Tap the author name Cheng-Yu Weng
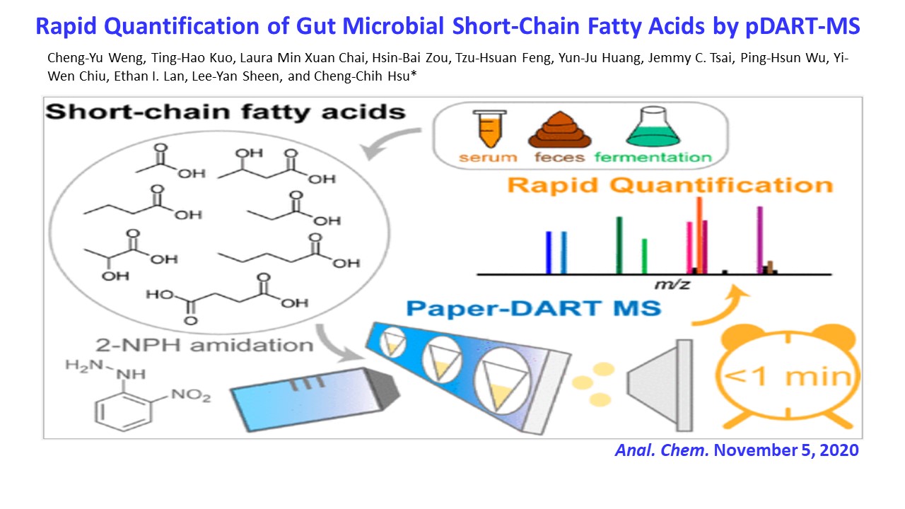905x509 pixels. tap(95, 58)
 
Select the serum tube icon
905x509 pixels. tap(489, 129)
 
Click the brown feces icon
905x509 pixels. tap(559, 129)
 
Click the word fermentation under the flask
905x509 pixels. tap(653, 157)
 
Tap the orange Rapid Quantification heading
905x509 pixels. tap(670, 185)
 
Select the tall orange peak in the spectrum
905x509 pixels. tap(699, 235)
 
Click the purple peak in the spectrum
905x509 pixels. tap(760, 240)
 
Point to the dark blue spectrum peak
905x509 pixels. tap(549, 253)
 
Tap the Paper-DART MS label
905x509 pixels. tap(534, 308)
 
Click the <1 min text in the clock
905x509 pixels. tap(788, 377)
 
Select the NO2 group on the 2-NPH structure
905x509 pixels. tap(191, 394)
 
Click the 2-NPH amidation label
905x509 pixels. tap(204, 346)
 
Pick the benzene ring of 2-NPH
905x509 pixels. tap(124, 411)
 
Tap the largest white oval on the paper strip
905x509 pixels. tap(502, 381)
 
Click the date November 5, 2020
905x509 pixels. tap(786, 450)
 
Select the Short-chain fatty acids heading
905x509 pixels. tap(225, 112)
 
